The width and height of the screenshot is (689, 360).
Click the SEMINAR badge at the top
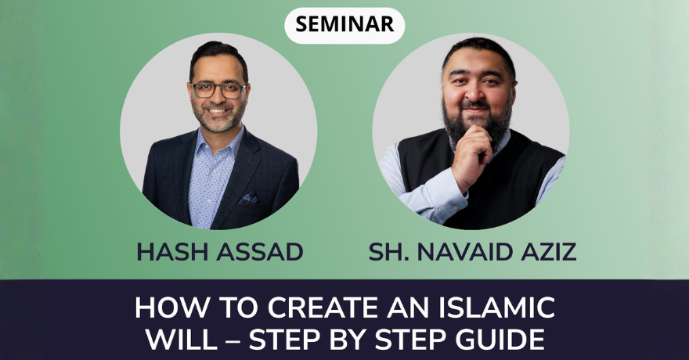point(344,24)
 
